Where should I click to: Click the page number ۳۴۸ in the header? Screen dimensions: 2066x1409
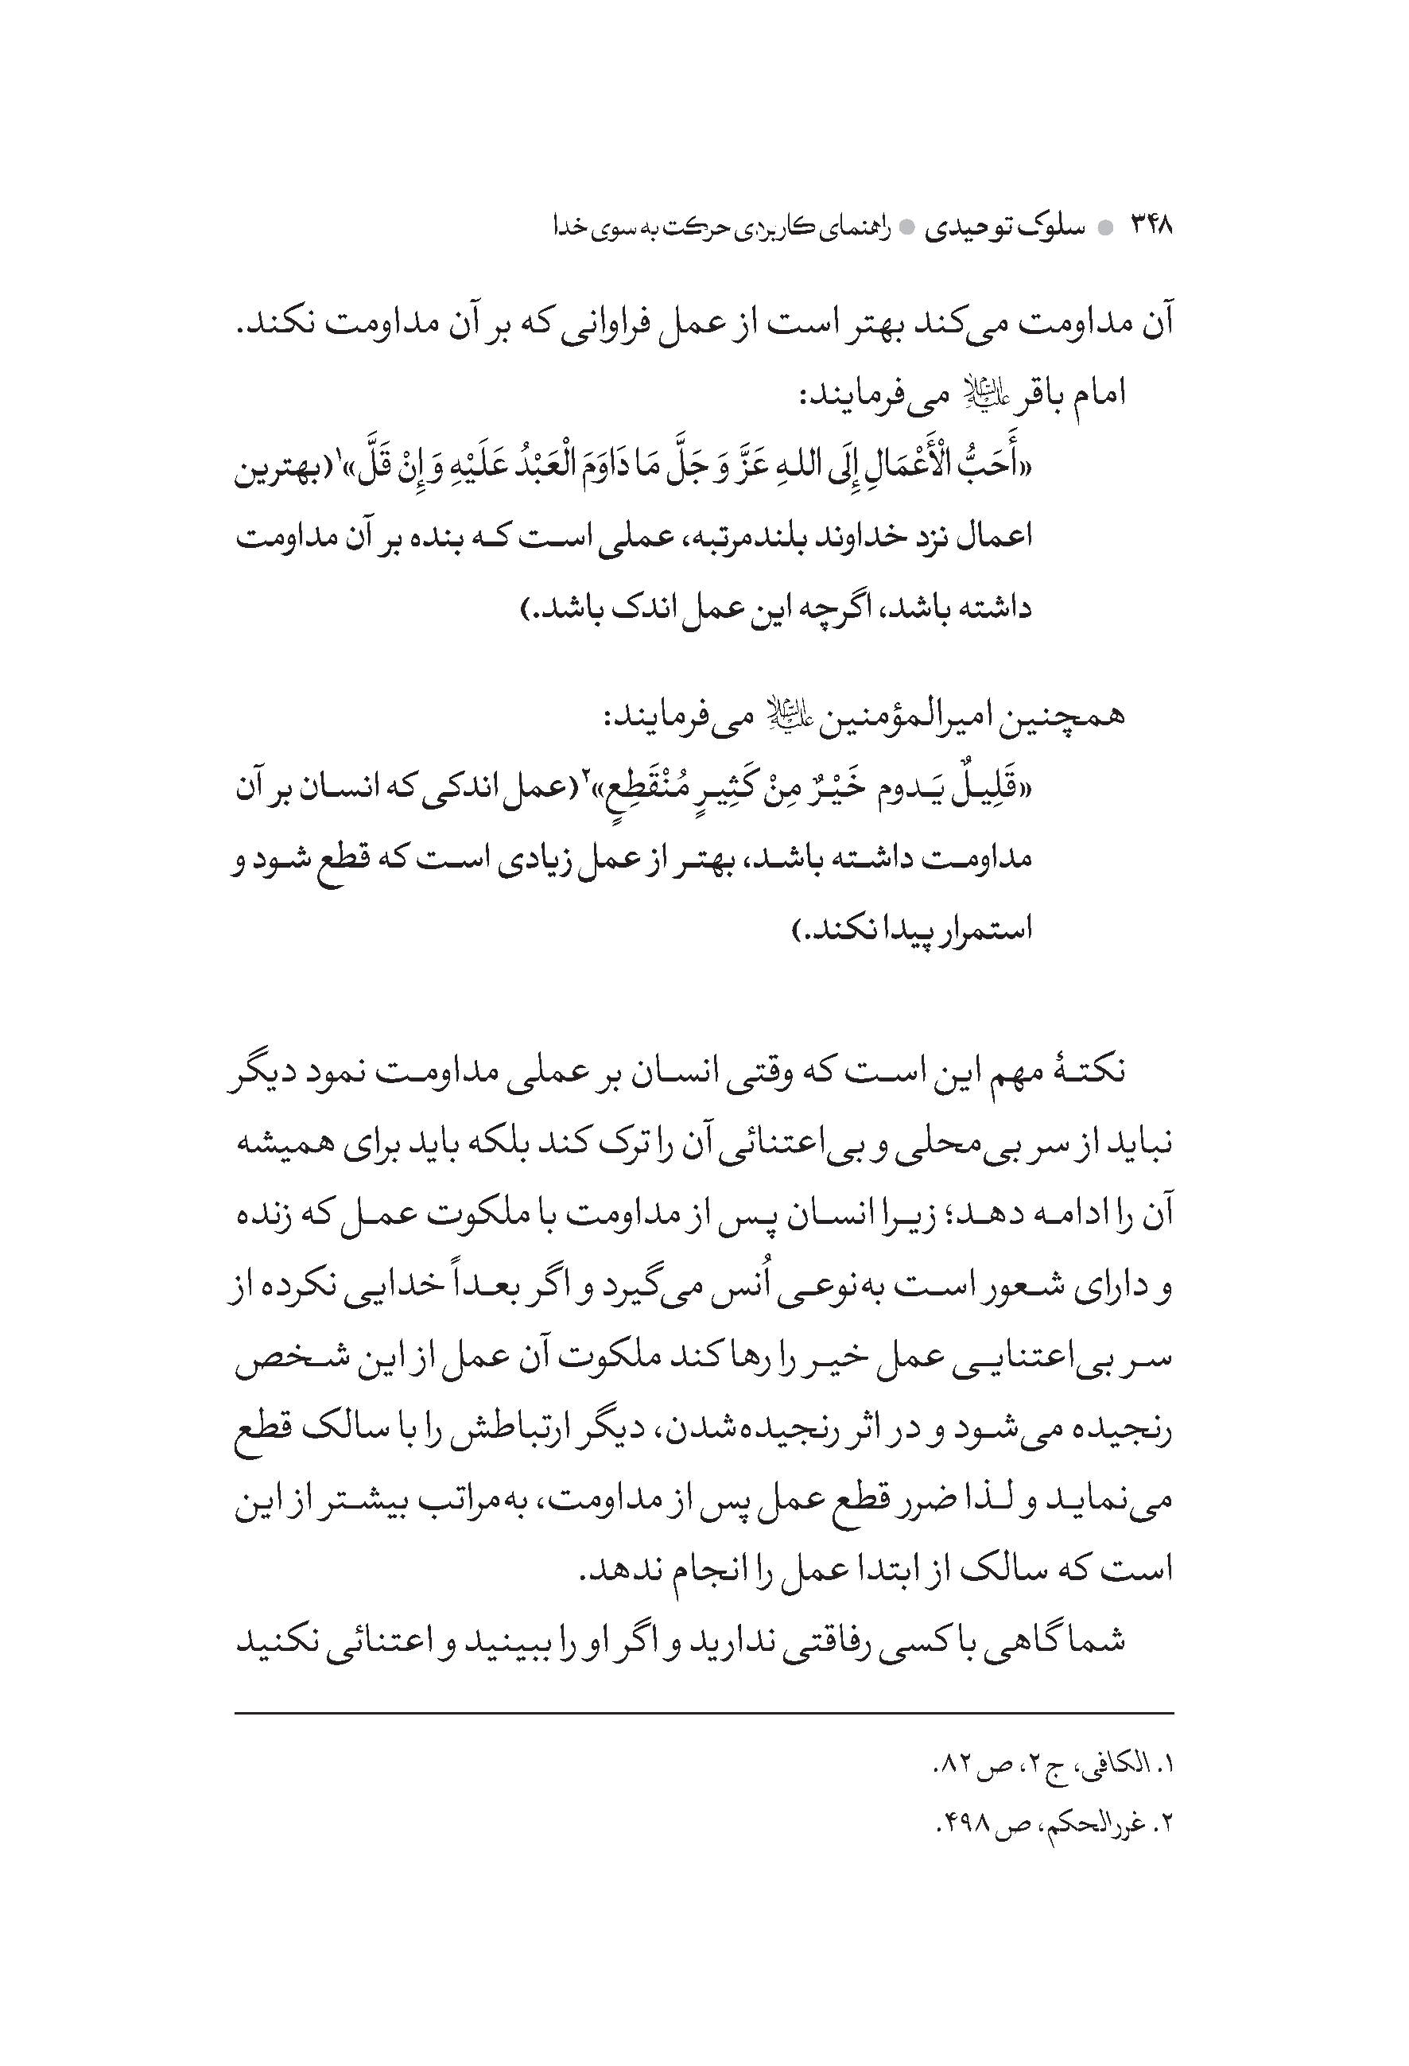point(1151,227)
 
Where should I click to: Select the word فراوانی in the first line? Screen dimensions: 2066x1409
point(604,323)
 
